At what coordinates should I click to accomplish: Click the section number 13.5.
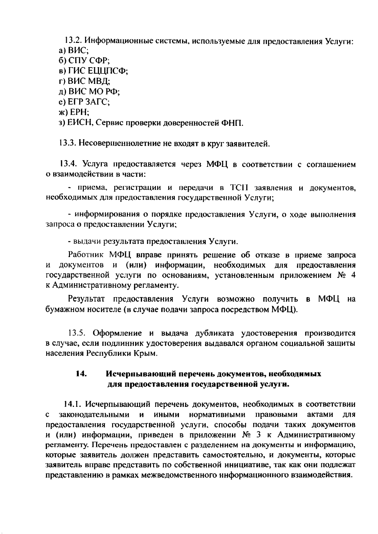(77, 333)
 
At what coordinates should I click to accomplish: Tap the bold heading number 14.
(81, 374)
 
